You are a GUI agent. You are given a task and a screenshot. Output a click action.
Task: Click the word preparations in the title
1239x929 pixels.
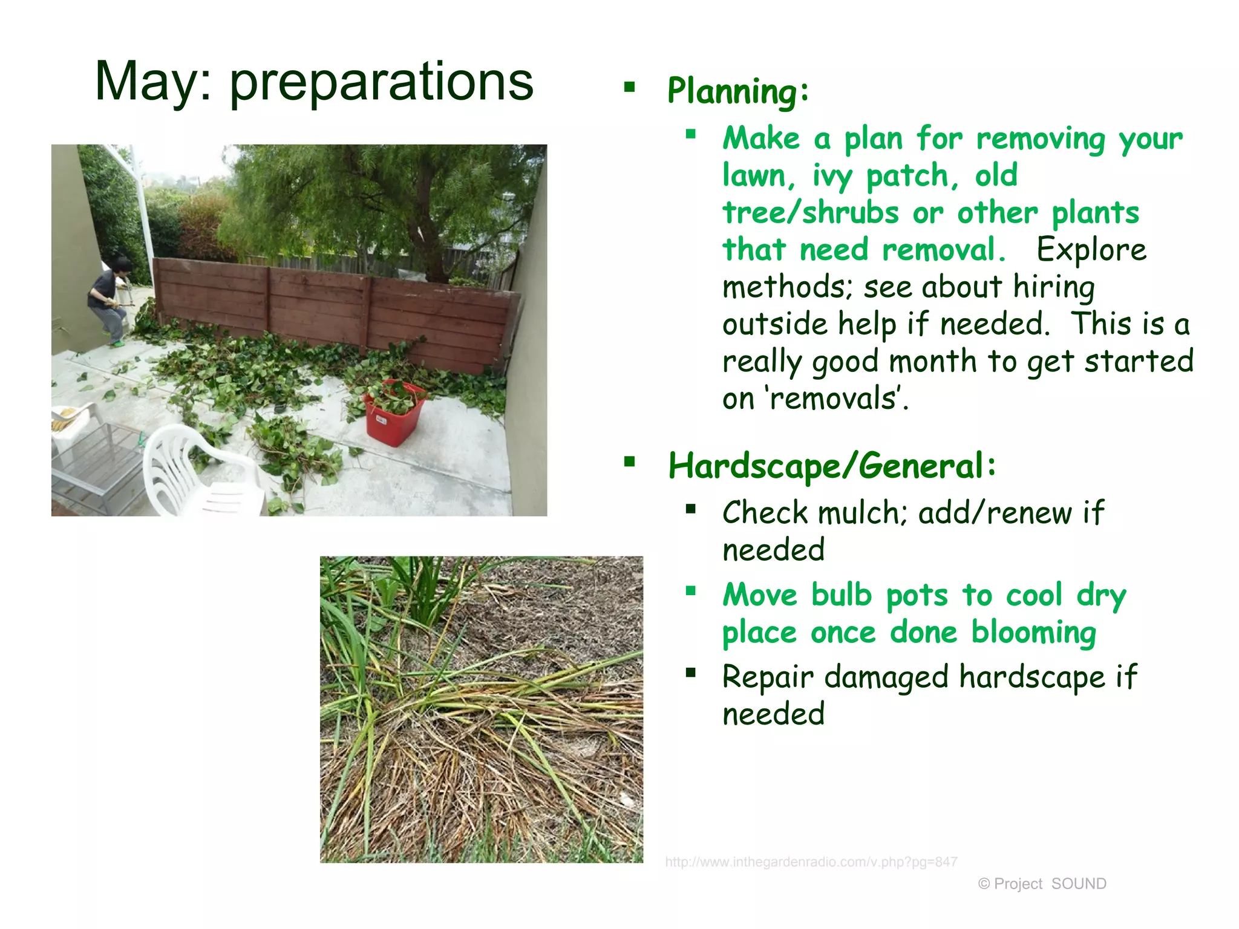coord(381,82)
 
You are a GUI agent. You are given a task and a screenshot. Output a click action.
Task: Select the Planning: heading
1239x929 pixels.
coord(737,91)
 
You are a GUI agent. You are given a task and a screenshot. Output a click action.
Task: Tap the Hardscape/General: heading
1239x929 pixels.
coord(832,466)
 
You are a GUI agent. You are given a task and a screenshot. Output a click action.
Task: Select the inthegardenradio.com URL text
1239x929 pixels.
coord(811,862)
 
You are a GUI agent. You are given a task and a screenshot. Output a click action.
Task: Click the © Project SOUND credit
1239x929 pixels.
coord(1042,884)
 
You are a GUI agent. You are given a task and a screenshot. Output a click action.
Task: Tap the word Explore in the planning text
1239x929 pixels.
coord(1091,250)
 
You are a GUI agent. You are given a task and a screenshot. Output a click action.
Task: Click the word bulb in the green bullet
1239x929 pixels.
coord(841,595)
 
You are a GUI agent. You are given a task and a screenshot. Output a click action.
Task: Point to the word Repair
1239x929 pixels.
coord(768,677)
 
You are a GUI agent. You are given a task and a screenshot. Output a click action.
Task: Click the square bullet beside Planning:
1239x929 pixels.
coord(630,87)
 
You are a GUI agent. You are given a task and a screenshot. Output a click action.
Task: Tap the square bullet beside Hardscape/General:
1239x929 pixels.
coord(630,463)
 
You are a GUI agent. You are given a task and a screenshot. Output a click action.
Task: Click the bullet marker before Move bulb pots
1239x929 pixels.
coord(691,591)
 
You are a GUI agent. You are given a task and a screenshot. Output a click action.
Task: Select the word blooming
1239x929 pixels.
coord(1034,633)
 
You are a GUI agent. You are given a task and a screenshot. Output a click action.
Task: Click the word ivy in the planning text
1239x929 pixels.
coord(831,176)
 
